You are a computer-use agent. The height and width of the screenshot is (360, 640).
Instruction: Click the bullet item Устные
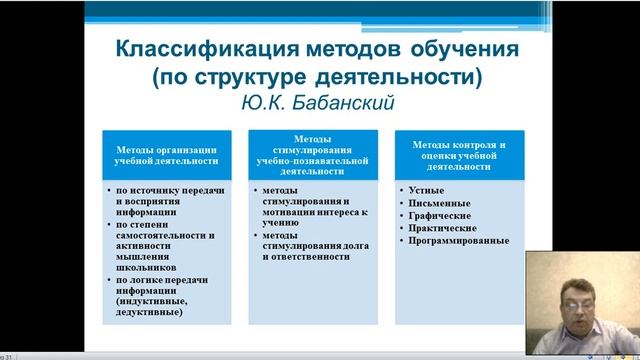pos(427,189)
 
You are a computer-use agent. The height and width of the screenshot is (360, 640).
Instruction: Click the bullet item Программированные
pos(458,241)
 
